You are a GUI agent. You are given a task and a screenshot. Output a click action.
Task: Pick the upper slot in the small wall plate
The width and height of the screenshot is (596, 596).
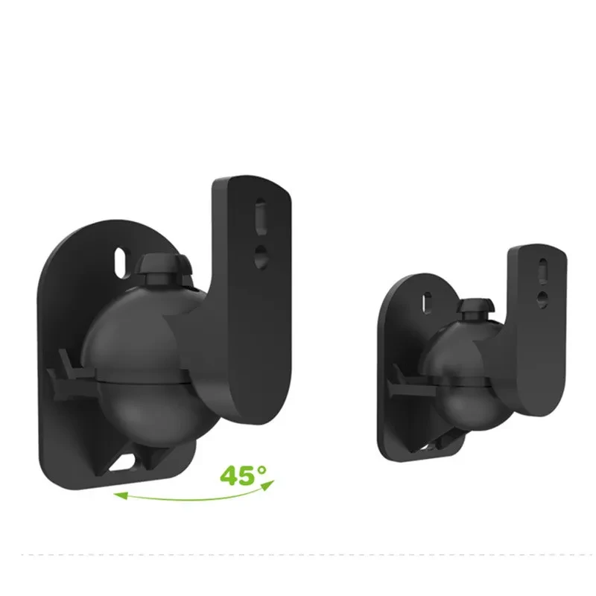pos(427,302)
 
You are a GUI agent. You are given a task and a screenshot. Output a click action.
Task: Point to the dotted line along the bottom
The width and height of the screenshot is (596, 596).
pos(298,555)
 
